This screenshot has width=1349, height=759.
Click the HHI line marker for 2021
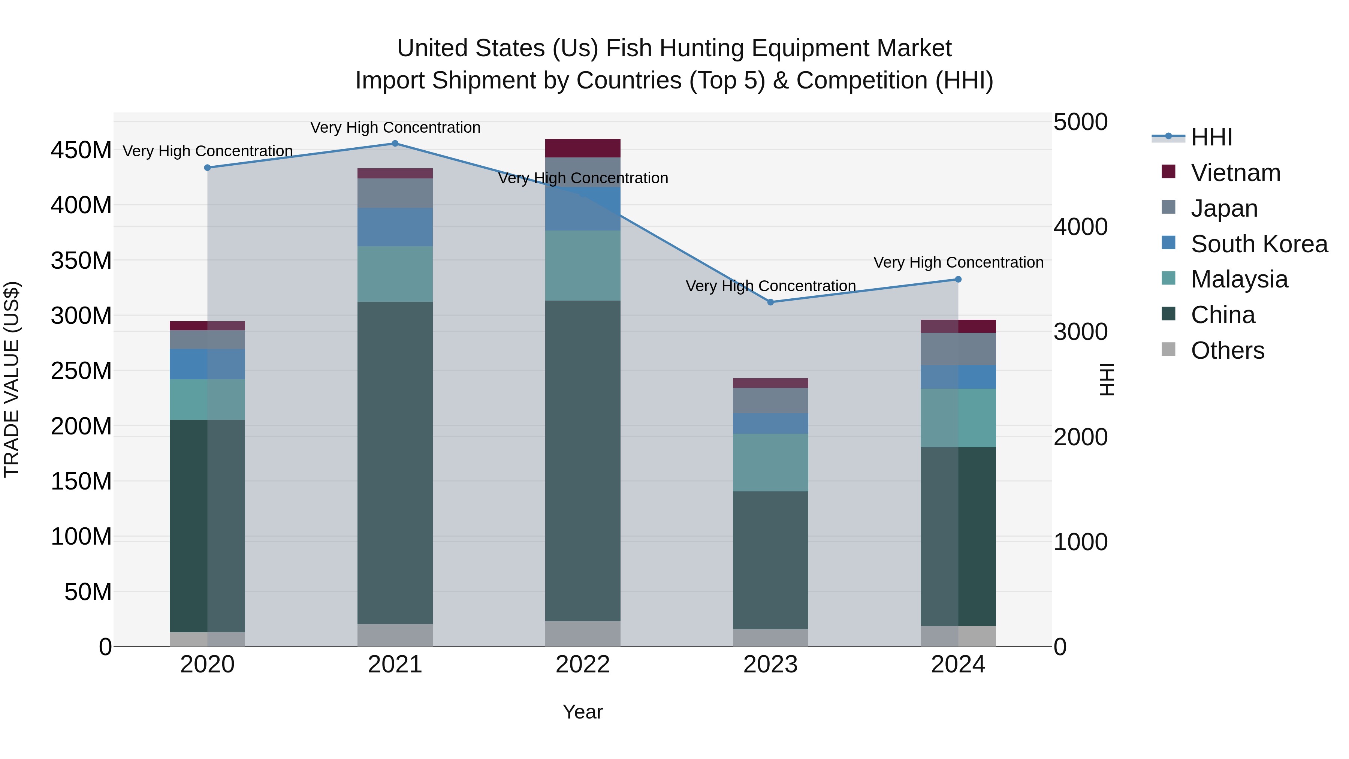click(x=395, y=144)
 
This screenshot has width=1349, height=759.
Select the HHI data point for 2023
click(x=770, y=302)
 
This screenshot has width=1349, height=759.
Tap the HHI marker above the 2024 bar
click(x=958, y=280)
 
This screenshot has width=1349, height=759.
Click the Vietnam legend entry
click(x=1235, y=173)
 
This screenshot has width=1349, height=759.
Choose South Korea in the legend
click(x=1259, y=244)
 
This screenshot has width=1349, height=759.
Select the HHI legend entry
click(x=1211, y=137)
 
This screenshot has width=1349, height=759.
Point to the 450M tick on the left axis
click(x=81, y=150)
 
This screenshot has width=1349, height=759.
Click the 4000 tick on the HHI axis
click(x=1080, y=227)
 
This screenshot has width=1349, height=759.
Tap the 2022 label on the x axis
click(x=582, y=665)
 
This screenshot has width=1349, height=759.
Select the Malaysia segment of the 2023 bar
click(x=770, y=462)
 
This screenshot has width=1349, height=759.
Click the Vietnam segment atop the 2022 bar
click(x=582, y=148)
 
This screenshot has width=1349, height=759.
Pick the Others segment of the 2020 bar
click(x=207, y=639)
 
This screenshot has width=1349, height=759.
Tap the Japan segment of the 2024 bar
click(x=958, y=349)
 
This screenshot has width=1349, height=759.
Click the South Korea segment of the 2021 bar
click(x=395, y=227)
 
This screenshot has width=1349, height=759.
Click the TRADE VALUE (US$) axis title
click(x=12, y=379)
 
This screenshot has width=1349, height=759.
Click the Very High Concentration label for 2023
click(x=770, y=286)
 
